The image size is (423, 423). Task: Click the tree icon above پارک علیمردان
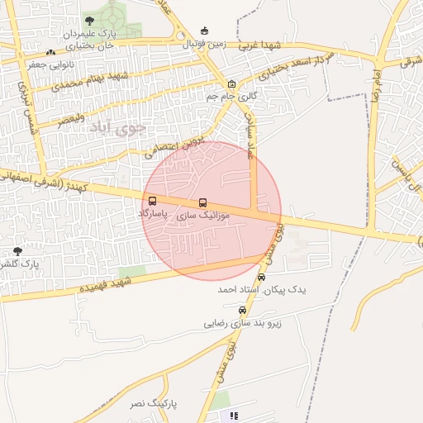(89, 21)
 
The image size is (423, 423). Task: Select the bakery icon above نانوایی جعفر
(50, 52)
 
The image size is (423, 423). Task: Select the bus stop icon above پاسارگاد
(152, 201)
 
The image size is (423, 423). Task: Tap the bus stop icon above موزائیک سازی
(202, 202)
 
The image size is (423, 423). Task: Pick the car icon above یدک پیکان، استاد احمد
(262, 278)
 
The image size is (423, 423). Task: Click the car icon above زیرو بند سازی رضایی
(242, 310)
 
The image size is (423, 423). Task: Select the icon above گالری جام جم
(231, 83)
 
